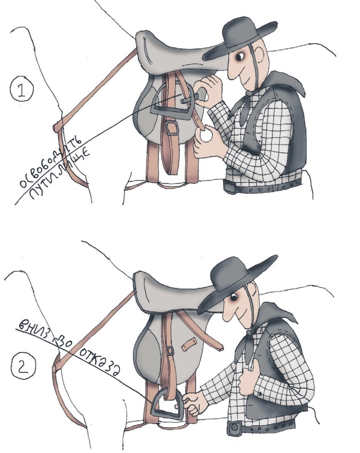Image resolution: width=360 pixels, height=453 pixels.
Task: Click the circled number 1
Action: [x=22, y=90]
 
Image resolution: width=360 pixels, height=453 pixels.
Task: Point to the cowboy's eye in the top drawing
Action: [x=240, y=57]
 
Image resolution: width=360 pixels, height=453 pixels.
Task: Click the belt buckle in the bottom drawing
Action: [x=235, y=428]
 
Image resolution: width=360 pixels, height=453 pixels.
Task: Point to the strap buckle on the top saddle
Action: [x=172, y=128]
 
